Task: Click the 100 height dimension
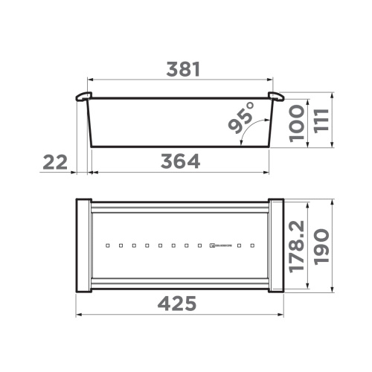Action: [x=296, y=123]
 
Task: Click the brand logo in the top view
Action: [x=221, y=244]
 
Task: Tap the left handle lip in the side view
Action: [x=83, y=97]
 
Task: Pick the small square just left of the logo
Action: [x=199, y=244]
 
